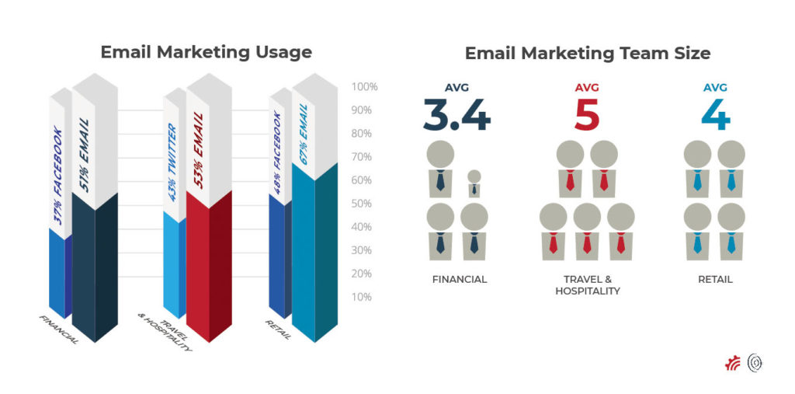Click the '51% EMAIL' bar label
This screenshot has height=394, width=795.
85,155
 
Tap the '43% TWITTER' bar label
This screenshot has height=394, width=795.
173,162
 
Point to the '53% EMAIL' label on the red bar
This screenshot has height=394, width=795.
198,150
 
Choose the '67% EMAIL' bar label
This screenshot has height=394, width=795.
304,134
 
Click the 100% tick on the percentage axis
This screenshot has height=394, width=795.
365,87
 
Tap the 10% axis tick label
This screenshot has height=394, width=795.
363,297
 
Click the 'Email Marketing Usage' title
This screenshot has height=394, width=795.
206,52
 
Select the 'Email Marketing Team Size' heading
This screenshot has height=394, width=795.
587,54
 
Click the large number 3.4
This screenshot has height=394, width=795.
457,115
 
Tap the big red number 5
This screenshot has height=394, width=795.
587,115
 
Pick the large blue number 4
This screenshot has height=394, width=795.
715,115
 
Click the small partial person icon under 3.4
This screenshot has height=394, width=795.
474,183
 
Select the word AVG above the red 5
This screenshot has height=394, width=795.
587,87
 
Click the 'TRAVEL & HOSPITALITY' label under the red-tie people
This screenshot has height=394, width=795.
587,285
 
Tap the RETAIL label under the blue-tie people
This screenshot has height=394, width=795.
715,279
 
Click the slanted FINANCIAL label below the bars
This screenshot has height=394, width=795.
59,329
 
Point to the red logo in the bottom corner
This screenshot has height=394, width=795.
733,363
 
